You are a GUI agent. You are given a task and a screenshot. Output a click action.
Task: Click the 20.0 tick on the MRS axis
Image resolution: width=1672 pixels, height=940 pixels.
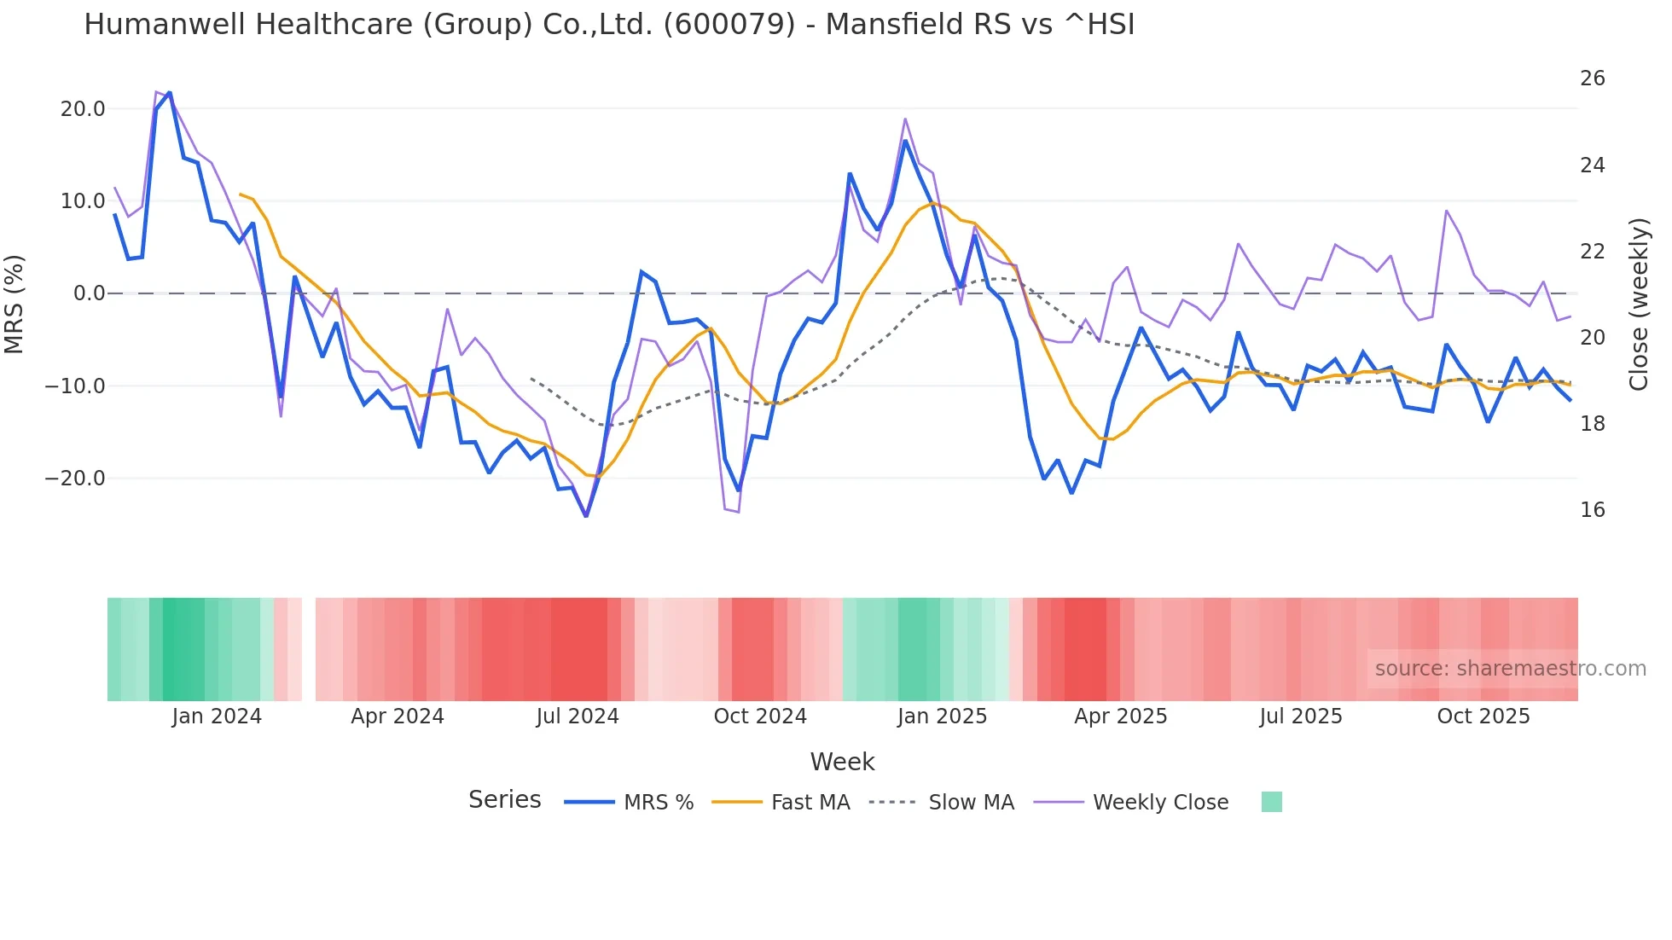[x=82, y=109]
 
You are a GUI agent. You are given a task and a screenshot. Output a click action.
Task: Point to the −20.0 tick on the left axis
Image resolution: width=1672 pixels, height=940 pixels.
[x=75, y=479]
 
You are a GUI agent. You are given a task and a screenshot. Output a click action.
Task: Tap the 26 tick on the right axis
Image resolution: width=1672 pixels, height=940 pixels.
[x=1592, y=78]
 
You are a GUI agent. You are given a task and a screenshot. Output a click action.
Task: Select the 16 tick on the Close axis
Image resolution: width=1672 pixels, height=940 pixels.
[x=1592, y=510]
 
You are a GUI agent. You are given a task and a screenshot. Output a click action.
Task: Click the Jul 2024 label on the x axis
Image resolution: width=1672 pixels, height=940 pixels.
[x=578, y=717]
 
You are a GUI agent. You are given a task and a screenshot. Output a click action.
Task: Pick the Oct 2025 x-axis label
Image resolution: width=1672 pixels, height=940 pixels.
[x=1483, y=717]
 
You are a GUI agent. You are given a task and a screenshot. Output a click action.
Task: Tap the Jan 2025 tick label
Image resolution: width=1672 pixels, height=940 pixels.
[x=942, y=717]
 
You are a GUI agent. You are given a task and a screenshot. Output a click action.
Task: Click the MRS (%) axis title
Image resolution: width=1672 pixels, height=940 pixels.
[x=15, y=305]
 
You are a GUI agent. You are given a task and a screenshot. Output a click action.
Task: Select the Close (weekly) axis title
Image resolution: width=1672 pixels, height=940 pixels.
[x=1639, y=305]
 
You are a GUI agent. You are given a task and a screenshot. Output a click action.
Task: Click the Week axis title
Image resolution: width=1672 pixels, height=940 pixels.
[x=842, y=762]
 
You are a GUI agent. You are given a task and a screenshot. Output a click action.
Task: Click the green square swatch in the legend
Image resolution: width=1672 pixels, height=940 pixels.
[x=1271, y=802]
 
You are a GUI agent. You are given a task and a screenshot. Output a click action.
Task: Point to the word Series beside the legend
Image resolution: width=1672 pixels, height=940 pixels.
[x=504, y=800]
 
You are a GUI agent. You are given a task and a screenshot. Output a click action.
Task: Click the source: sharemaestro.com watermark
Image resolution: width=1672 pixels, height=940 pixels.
[x=1510, y=669]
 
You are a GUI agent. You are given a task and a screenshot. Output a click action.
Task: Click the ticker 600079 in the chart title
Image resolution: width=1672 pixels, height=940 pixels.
[x=729, y=25]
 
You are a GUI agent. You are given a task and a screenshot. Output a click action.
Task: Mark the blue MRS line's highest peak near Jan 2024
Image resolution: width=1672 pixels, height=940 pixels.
[x=170, y=93]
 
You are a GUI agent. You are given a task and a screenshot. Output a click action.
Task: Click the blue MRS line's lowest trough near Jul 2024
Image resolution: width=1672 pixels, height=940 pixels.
[x=586, y=516]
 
